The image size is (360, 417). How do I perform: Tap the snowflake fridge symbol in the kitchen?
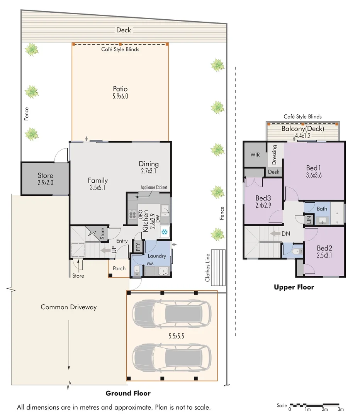click(x=165, y=232)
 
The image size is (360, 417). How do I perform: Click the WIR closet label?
click(x=255, y=154)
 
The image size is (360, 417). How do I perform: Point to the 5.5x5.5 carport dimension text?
click(x=176, y=336)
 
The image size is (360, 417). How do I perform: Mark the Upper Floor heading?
click(x=294, y=287)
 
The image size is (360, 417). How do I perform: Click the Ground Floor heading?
click(x=128, y=393)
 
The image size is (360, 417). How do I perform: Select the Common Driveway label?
click(x=68, y=307)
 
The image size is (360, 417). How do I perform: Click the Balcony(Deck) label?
click(x=302, y=129)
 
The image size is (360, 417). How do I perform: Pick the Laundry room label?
click(x=156, y=256)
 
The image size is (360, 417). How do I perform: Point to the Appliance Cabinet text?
click(x=154, y=187)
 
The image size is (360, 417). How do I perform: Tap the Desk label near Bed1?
click(x=273, y=172)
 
